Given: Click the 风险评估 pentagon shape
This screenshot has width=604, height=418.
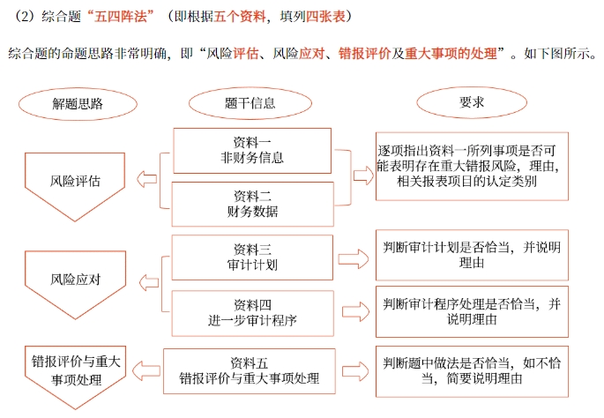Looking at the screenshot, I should pyautogui.click(x=75, y=183).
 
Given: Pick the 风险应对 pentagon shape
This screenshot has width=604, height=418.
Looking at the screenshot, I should pyautogui.click(x=75, y=280).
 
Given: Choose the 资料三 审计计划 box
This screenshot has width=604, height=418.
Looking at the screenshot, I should pyautogui.click(x=252, y=257).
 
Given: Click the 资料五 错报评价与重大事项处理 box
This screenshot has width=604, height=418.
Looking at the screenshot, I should pyautogui.click(x=250, y=369).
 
